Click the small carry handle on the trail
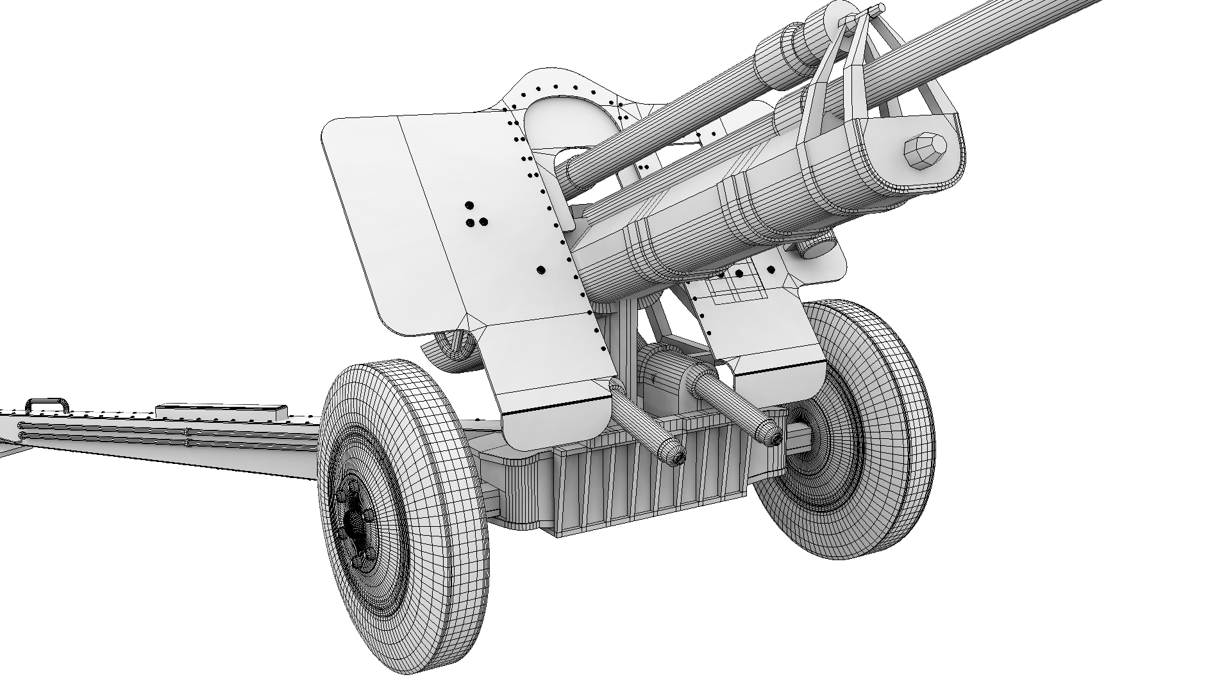47,405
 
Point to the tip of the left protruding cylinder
675,454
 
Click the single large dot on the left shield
541,271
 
